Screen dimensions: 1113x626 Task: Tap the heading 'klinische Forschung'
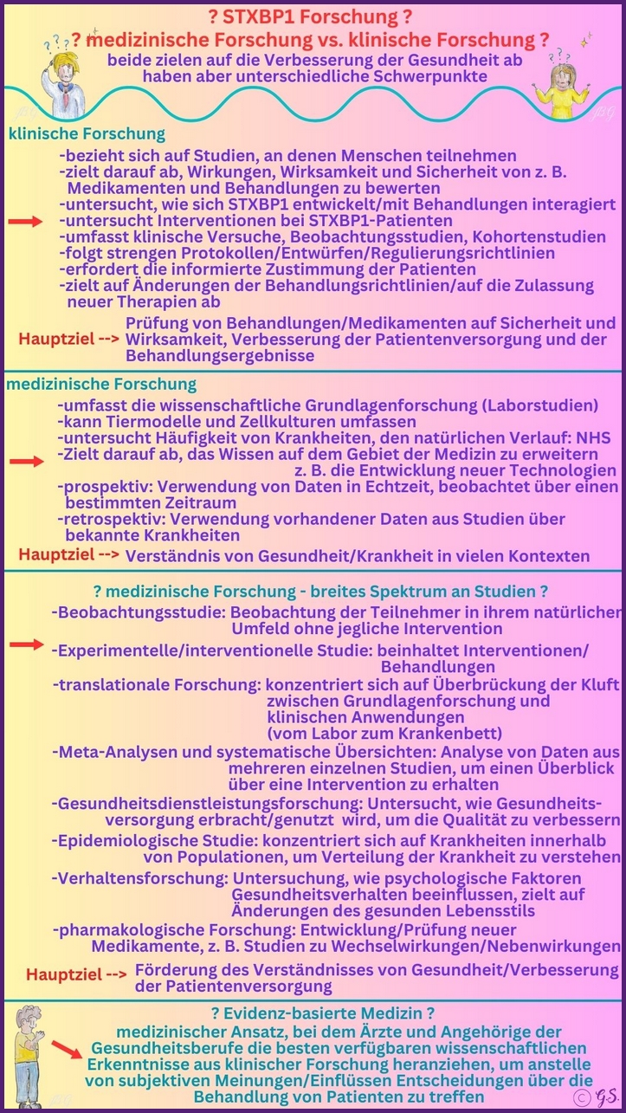click(x=87, y=133)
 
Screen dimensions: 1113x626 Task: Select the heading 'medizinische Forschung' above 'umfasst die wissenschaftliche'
click(x=101, y=384)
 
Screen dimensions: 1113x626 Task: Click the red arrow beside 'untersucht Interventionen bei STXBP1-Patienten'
click(x=26, y=222)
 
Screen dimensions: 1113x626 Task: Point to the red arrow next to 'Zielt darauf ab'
click(x=26, y=462)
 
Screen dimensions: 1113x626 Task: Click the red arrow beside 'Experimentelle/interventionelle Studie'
click(x=26, y=644)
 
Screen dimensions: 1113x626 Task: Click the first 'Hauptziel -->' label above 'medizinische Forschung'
click(x=69, y=339)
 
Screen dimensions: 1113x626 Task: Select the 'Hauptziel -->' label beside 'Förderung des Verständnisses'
click(x=76, y=974)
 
